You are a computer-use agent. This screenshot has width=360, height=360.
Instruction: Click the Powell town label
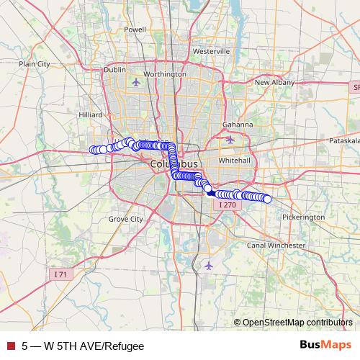[x=135, y=30]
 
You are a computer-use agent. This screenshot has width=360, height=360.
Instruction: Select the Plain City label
[x=35, y=63]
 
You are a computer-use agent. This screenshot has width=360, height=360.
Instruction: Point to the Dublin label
[x=114, y=70]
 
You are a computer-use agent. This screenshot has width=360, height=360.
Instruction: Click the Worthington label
[x=166, y=74]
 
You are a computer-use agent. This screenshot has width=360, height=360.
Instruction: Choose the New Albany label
[x=274, y=83]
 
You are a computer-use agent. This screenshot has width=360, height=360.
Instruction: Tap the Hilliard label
[x=91, y=114]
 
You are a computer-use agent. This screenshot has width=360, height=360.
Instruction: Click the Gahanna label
[x=238, y=124]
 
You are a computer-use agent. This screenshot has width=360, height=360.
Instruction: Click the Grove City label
[x=125, y=218]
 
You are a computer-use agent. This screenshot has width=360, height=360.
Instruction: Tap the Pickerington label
[x=304, y=217]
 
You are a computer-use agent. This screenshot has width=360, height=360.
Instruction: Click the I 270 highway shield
[x=226, y=205]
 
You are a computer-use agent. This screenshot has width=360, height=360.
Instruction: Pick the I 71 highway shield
[x=60, y=274]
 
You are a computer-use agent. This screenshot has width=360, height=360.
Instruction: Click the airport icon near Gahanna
[x=230, y=139]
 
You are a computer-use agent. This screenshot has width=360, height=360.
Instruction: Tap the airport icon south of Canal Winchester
[x=209, y=266]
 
